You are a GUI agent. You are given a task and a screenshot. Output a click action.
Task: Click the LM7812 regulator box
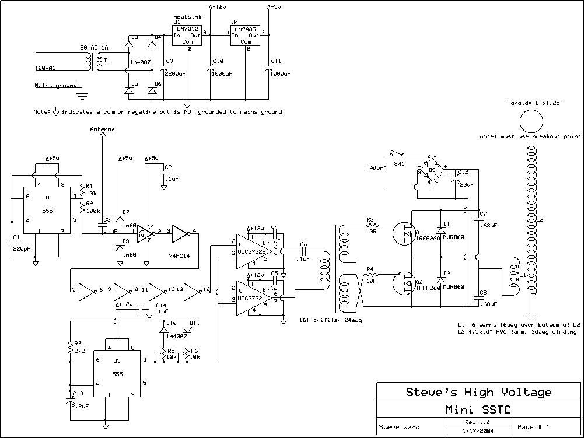187,36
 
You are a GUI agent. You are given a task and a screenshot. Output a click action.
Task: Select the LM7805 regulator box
246,36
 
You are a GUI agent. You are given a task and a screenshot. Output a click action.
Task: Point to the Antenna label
102,129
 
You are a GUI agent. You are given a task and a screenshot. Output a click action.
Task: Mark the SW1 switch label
400,164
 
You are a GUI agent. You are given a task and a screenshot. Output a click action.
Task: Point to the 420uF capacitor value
465,184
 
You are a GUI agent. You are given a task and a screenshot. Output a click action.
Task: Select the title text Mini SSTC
478,409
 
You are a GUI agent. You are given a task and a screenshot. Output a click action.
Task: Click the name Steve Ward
400,427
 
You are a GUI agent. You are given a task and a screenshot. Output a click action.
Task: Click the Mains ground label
55,86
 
